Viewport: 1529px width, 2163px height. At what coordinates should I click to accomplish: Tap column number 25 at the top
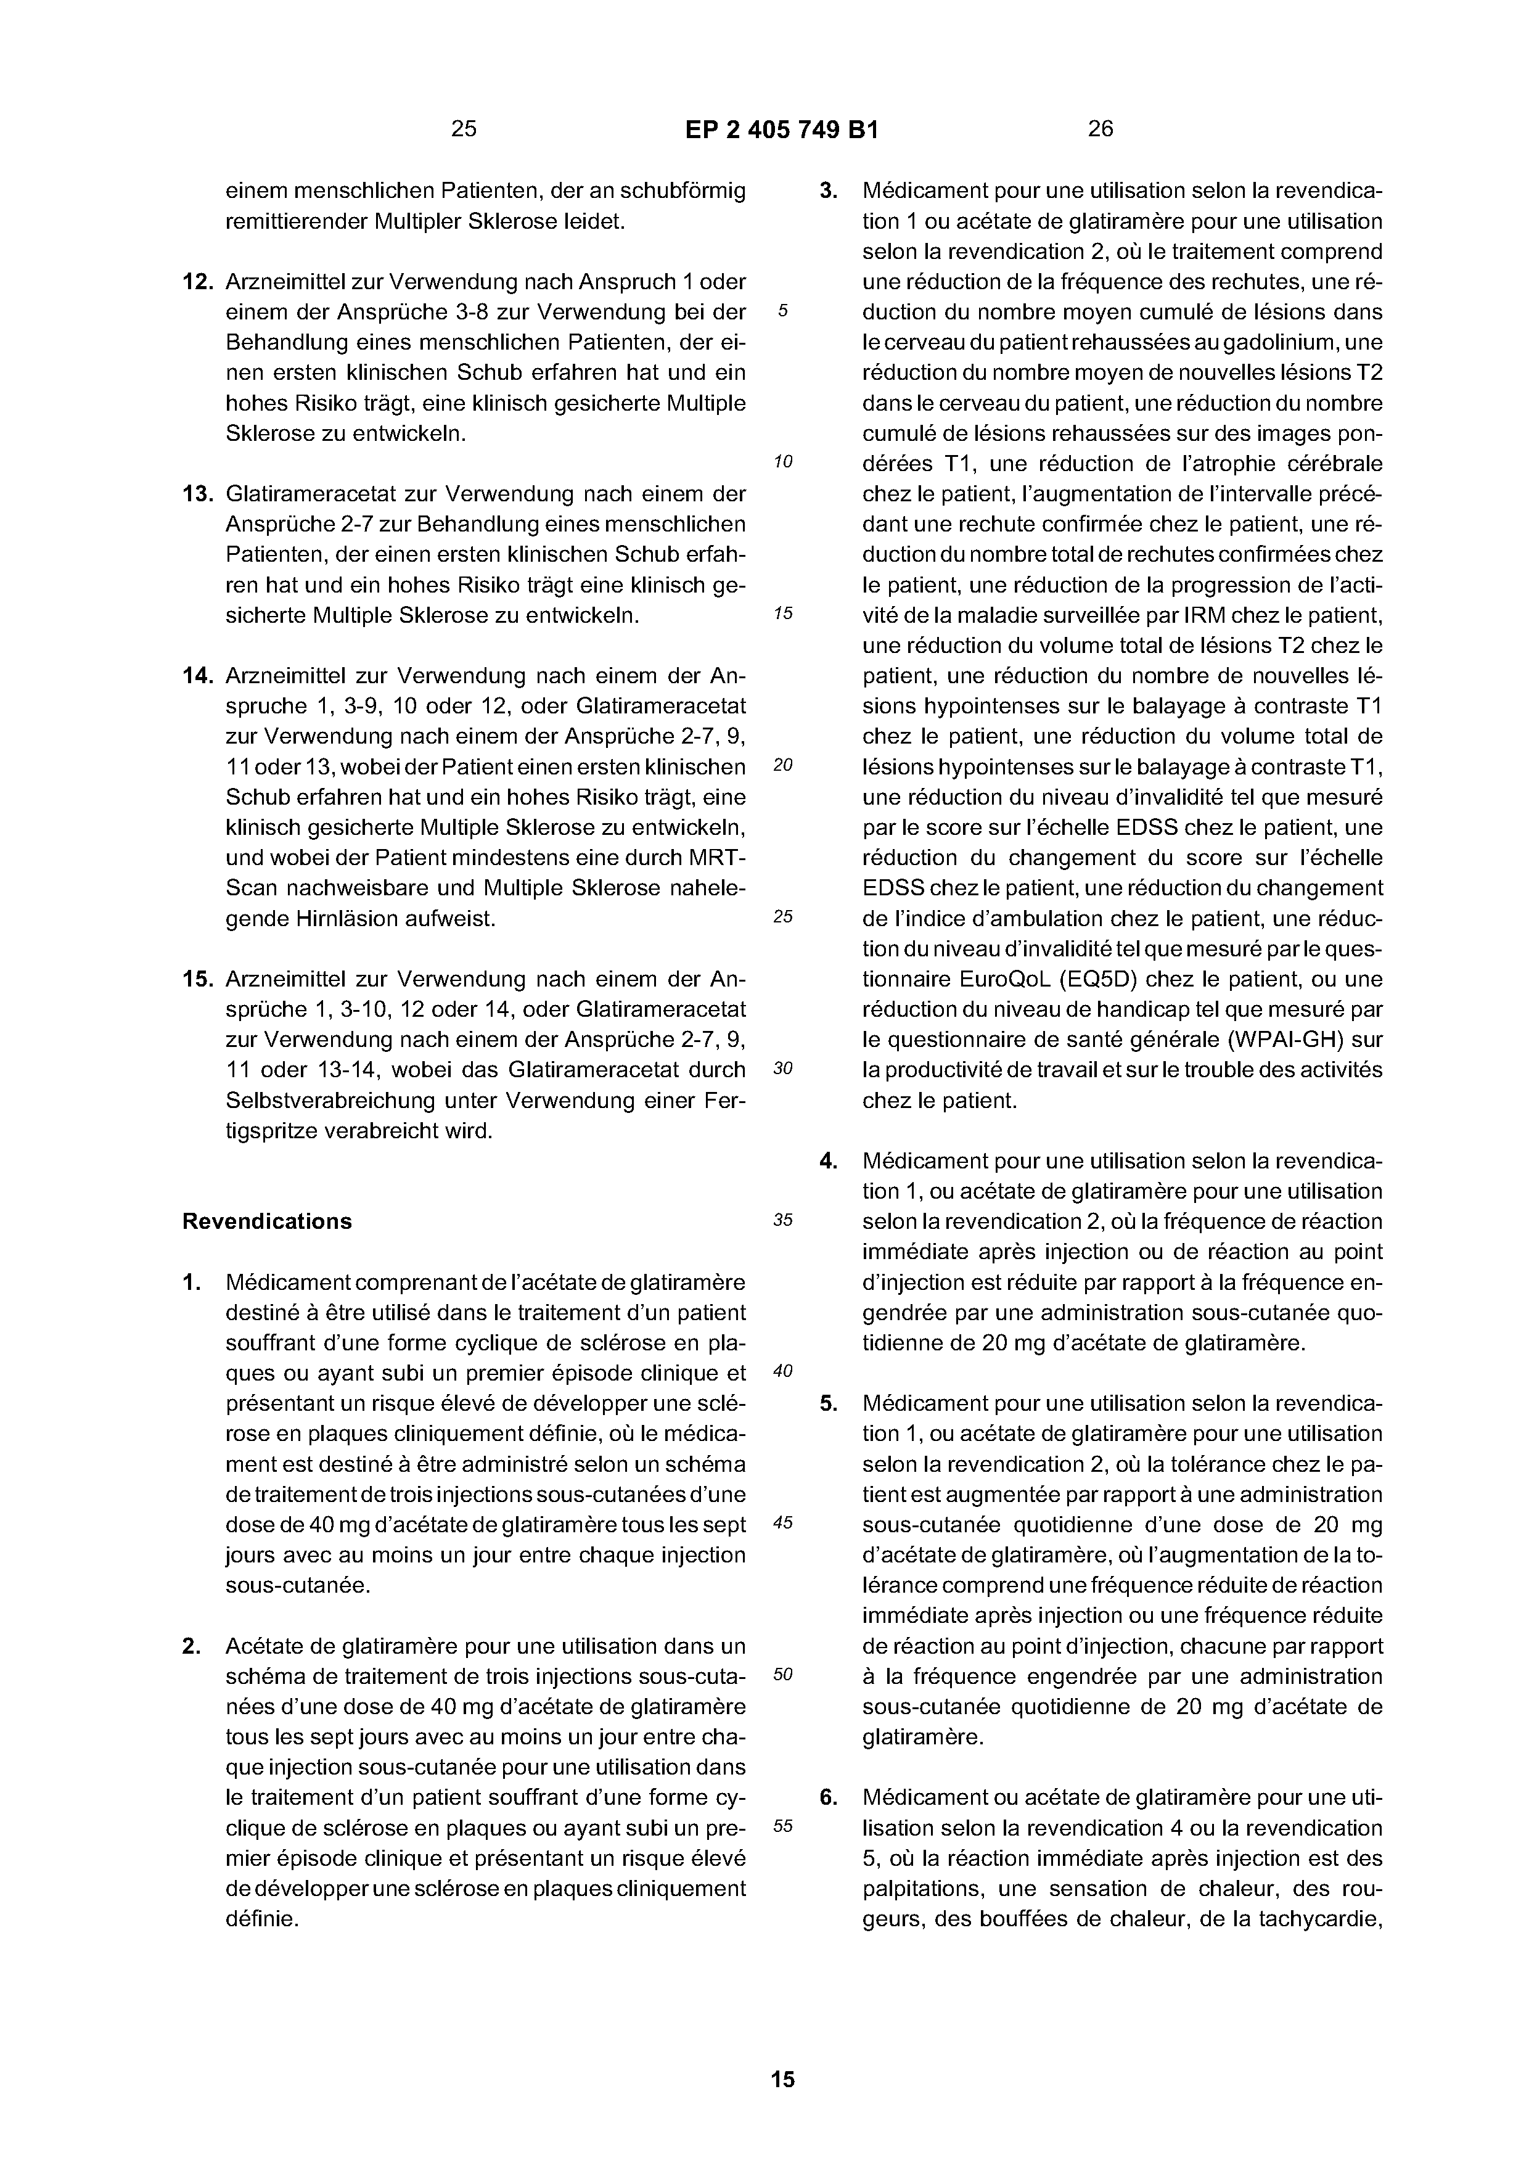(x=464, y=129)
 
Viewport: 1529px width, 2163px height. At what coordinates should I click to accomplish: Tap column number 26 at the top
(x=1101, y=129)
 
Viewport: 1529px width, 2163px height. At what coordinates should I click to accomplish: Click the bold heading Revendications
(x=266, y=1221)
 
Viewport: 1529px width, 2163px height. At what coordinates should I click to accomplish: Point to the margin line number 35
(x=783, y=1220)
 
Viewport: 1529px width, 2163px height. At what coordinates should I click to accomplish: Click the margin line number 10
(x=783, y=462)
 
